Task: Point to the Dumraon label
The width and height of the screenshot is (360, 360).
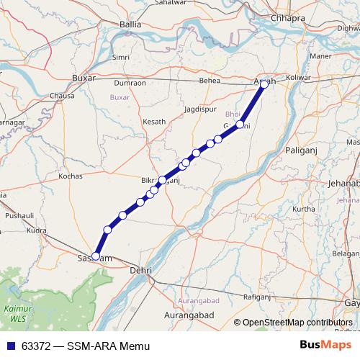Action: point(130,83)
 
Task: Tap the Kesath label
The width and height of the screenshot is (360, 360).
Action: point(154,122)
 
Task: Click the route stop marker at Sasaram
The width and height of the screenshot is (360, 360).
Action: point(96,256)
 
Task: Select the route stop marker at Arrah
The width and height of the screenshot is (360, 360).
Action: point(264,84)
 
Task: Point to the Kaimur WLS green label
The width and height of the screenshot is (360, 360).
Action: point(15,312)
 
